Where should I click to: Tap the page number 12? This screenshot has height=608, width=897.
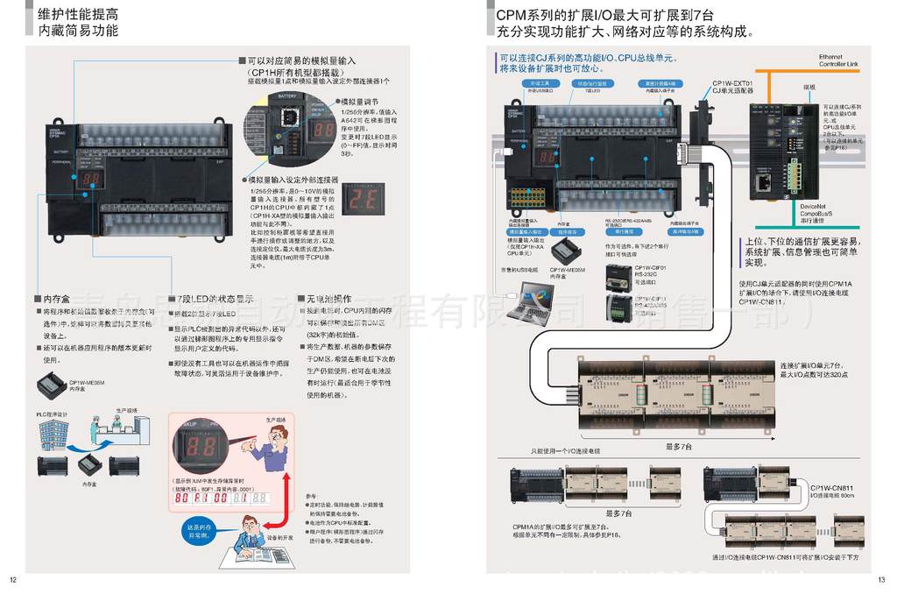point(13,579)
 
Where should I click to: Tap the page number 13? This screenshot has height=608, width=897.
point(881,579)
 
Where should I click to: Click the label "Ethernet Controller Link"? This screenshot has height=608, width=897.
point(838,60)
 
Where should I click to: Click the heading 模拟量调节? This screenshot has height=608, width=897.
point(361,102)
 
